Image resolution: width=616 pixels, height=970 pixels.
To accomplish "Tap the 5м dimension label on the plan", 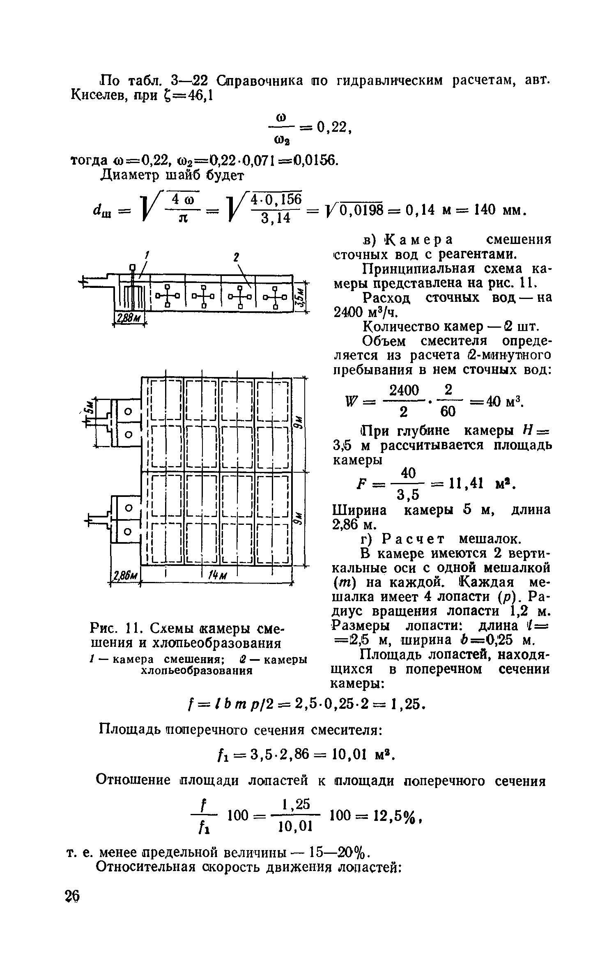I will [89, 408].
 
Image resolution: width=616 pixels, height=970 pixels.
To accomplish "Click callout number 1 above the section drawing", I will [147, 255].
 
